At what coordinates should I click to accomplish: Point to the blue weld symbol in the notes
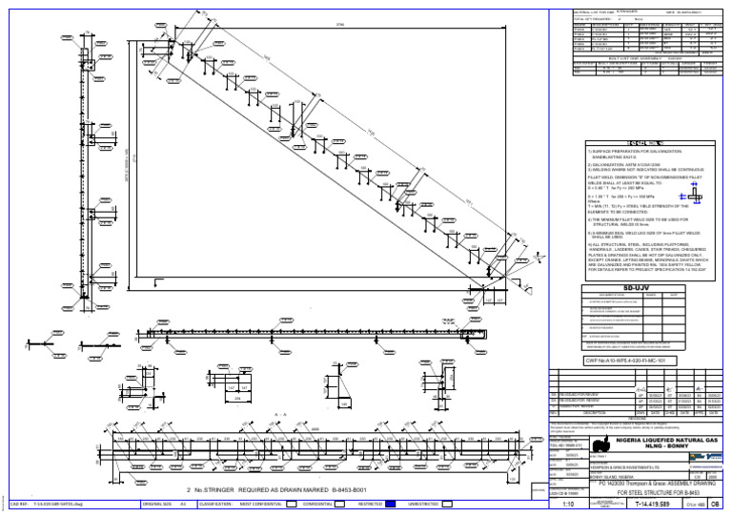pos(695,193)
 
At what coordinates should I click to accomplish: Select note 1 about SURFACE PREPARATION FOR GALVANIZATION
pos(634,155)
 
